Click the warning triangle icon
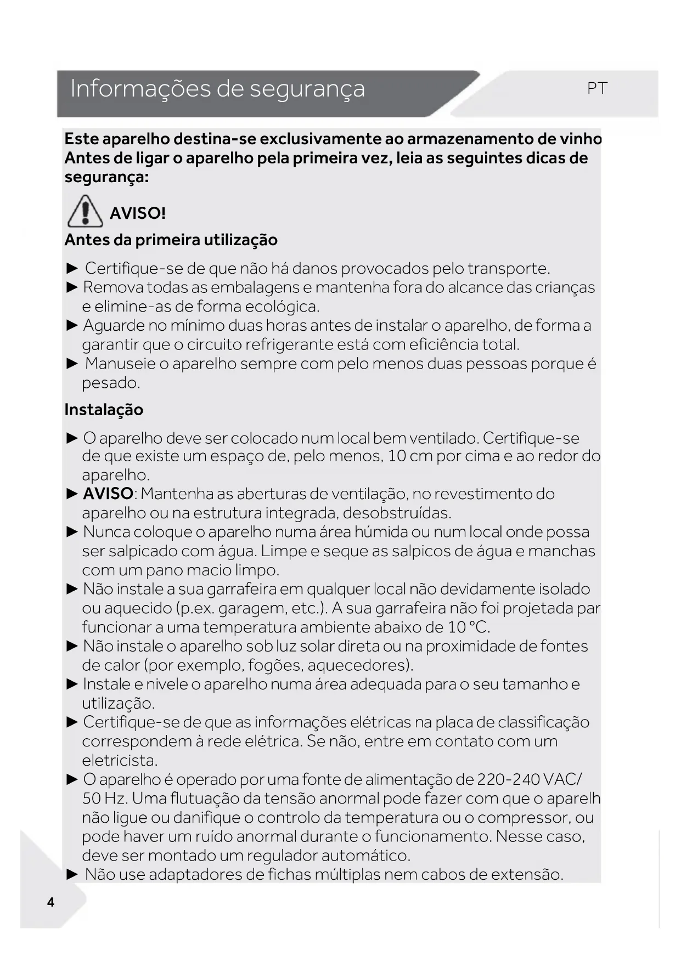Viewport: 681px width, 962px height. point(85,211)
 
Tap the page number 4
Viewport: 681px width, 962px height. point(51,902)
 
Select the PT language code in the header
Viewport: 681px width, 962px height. point(597,88)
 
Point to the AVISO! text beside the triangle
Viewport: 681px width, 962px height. point(137,213)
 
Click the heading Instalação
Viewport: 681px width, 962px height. point(104,410)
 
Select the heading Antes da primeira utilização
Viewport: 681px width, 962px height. point(171,240)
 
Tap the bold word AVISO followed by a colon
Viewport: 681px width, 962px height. point(108,494)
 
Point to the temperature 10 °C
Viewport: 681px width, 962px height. point(468,627)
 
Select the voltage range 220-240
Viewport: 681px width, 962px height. point(508,779)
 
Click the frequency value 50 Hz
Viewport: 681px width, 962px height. point(104,799)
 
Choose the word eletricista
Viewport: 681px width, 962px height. point(119,761)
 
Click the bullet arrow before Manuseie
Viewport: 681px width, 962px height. point(72,364)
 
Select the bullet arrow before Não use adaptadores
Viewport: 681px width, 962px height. point(72,874)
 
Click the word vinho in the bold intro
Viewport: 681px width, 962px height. point(581,139)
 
